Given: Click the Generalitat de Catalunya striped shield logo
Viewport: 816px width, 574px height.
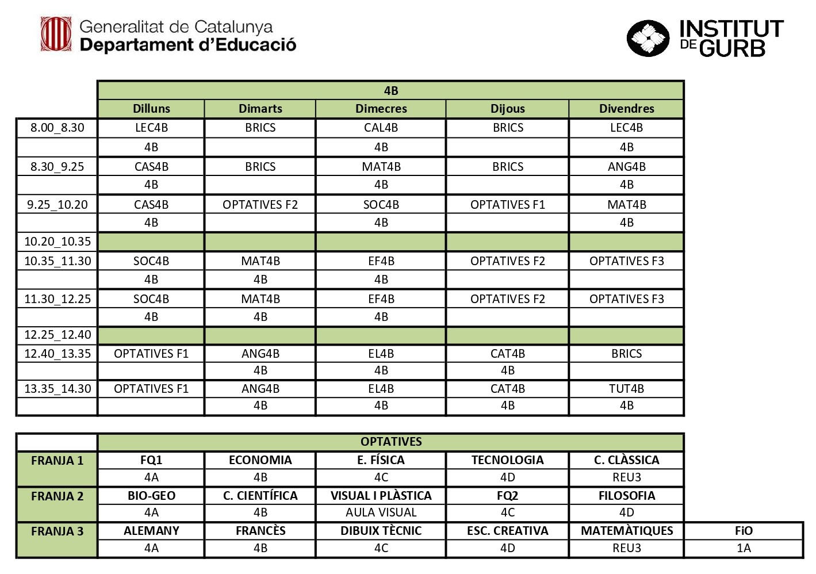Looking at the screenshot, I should [56, 35].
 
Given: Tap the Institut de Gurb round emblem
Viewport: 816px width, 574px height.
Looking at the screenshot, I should [648, 39].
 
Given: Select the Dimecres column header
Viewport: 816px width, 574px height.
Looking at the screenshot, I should [381, 109].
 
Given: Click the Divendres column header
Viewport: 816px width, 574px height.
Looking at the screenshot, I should [626, 109].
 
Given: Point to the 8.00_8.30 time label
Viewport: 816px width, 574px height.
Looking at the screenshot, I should [57, 128].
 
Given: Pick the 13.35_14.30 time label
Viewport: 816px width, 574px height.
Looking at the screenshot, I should [58, 389].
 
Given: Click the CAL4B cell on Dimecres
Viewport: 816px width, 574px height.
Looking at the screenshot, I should [381, 128].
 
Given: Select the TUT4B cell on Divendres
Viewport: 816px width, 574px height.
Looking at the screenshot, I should [626, 389].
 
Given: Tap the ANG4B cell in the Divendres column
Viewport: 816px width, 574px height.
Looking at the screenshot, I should [626, 167].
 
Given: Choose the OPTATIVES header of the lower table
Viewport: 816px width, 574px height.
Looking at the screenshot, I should [391, 442].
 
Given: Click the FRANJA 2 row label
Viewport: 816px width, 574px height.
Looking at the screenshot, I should [57, 496].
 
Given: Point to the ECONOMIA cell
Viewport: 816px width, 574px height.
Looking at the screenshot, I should [260, 460].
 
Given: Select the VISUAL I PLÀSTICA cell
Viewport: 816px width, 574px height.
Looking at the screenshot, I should [381, 496].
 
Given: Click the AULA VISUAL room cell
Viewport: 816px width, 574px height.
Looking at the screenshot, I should [381, 512].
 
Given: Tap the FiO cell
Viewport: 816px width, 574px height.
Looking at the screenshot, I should [744, 531].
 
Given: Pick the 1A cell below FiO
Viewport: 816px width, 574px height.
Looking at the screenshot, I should [744, 548].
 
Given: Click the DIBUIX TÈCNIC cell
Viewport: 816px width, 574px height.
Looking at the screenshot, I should [381, 531].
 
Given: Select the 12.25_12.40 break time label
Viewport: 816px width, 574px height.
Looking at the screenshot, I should [58, 335].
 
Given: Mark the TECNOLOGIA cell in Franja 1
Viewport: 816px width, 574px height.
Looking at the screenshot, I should [507, 460].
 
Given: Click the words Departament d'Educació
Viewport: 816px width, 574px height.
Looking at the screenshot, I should [188, 45].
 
